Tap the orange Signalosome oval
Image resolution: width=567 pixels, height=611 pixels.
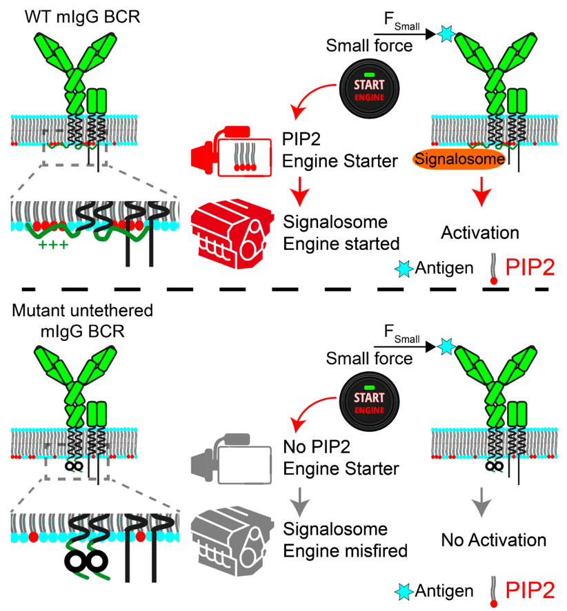[x=459, y=158]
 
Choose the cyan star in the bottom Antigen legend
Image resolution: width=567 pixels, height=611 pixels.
[x=406, y=591]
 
